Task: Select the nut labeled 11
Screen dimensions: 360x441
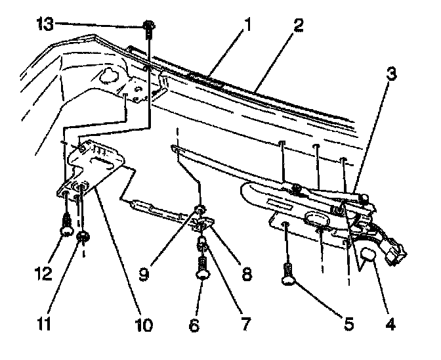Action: pyautogui.click(x=83, y=236)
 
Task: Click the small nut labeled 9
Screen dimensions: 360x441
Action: pyautogui.click(x=199, y=211)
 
